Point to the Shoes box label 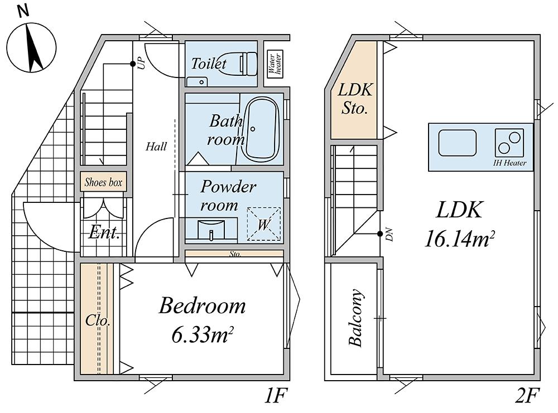pos(103,182)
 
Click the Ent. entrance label pos(104,232)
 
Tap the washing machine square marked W pos(263,224)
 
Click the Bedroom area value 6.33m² pos(202,336)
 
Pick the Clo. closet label pos(98,322)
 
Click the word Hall pos(156,147)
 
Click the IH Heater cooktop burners pos(509,143)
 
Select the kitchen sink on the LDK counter pos(457,143)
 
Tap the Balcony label pos(355,318)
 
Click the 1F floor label pos(275,396)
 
